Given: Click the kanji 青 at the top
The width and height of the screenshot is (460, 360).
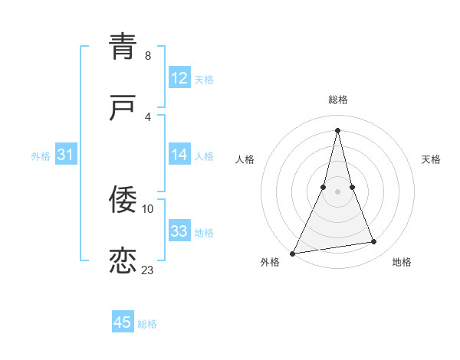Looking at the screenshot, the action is tap(123, 46).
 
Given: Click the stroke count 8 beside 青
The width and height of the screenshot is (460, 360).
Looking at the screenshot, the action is tap(148, 56).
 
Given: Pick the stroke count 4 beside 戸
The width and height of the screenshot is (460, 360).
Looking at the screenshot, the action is tap(148, 116).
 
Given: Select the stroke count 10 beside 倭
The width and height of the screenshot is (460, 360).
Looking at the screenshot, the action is tap(148, 208).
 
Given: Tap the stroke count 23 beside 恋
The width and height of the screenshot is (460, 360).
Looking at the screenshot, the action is tap(148, 270).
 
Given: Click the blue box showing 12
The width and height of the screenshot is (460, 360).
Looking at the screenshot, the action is tap(179, 78).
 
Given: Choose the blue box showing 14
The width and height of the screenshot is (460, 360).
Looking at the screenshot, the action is tap(179, 155).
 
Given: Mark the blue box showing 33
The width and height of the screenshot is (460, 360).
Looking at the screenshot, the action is tap(179, 231).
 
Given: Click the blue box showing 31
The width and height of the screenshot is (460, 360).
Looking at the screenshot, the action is tap(66, 155).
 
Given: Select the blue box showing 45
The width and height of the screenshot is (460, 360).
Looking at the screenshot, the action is tap(123, 322).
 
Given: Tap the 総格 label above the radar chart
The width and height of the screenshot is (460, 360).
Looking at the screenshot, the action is tap(338, 100).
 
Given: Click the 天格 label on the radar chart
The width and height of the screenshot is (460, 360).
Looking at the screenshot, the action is tap(431, 159).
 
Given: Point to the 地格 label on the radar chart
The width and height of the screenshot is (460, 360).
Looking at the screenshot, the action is tap(402, 262).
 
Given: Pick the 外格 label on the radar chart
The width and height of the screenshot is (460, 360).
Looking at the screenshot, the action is tap(271, 262).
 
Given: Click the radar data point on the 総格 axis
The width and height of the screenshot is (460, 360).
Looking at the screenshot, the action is tap(337, 129).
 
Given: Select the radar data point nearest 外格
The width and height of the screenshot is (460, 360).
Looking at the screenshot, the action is tap(292, 254).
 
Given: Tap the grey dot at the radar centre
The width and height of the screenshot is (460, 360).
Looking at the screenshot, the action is tap(337, 191).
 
